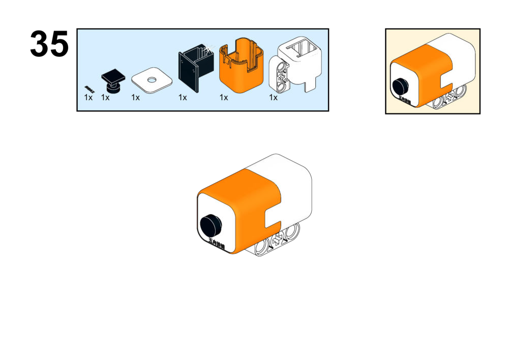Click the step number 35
tap(49, 45)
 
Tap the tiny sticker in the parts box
tap(89, 88)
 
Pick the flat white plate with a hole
tap(151, 80)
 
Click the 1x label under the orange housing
tap(224, 98)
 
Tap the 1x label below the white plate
tap(135, 98)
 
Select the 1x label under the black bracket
tap(183, 98)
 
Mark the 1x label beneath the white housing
tap(273, 98)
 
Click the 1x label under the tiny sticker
tap(88, 98)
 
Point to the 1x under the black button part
tap(105, 98)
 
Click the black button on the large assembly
tap(211, 223)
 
